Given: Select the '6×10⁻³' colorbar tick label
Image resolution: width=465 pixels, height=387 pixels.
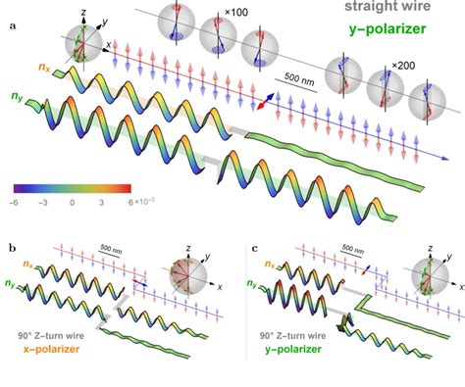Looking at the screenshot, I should click(x=139, y=202).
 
